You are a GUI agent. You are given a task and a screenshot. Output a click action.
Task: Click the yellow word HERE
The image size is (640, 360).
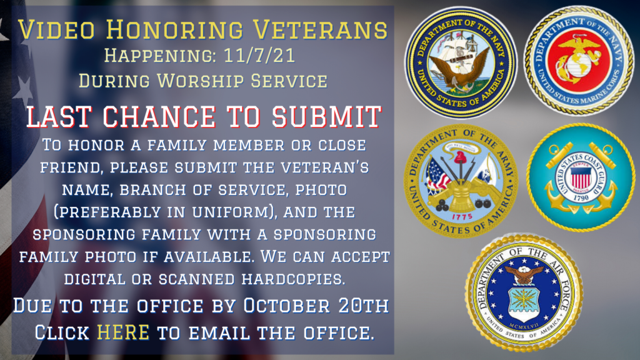coord(123,332)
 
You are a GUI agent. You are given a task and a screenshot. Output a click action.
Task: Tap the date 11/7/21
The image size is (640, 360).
coord(259,56)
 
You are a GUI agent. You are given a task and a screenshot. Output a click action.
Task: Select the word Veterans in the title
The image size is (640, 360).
coord(320,30)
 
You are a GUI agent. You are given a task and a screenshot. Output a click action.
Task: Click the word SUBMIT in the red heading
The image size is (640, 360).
coord(326,116)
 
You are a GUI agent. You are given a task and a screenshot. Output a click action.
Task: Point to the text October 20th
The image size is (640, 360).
coord(316,306)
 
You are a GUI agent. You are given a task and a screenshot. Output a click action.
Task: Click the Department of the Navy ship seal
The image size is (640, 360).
coord(461,62)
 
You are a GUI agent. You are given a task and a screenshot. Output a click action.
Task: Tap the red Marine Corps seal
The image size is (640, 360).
coord(579,61)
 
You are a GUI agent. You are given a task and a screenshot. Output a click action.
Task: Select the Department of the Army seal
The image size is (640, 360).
coord(461,181)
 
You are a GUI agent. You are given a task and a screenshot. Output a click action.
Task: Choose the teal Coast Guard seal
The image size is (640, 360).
coord(581,177)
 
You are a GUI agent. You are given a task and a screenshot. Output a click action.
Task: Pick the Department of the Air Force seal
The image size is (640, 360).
coord(524,293)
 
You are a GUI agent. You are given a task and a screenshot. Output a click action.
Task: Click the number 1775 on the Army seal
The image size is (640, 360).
coord(462,217)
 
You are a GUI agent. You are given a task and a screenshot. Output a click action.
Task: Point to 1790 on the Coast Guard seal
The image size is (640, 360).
coord(581,198)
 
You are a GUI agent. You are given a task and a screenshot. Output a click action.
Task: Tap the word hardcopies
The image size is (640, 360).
coord(293,279)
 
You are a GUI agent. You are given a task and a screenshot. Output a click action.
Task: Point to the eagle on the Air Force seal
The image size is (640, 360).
coord(524,274)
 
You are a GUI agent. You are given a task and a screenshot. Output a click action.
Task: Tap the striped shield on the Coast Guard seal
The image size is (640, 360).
coord(581,177)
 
